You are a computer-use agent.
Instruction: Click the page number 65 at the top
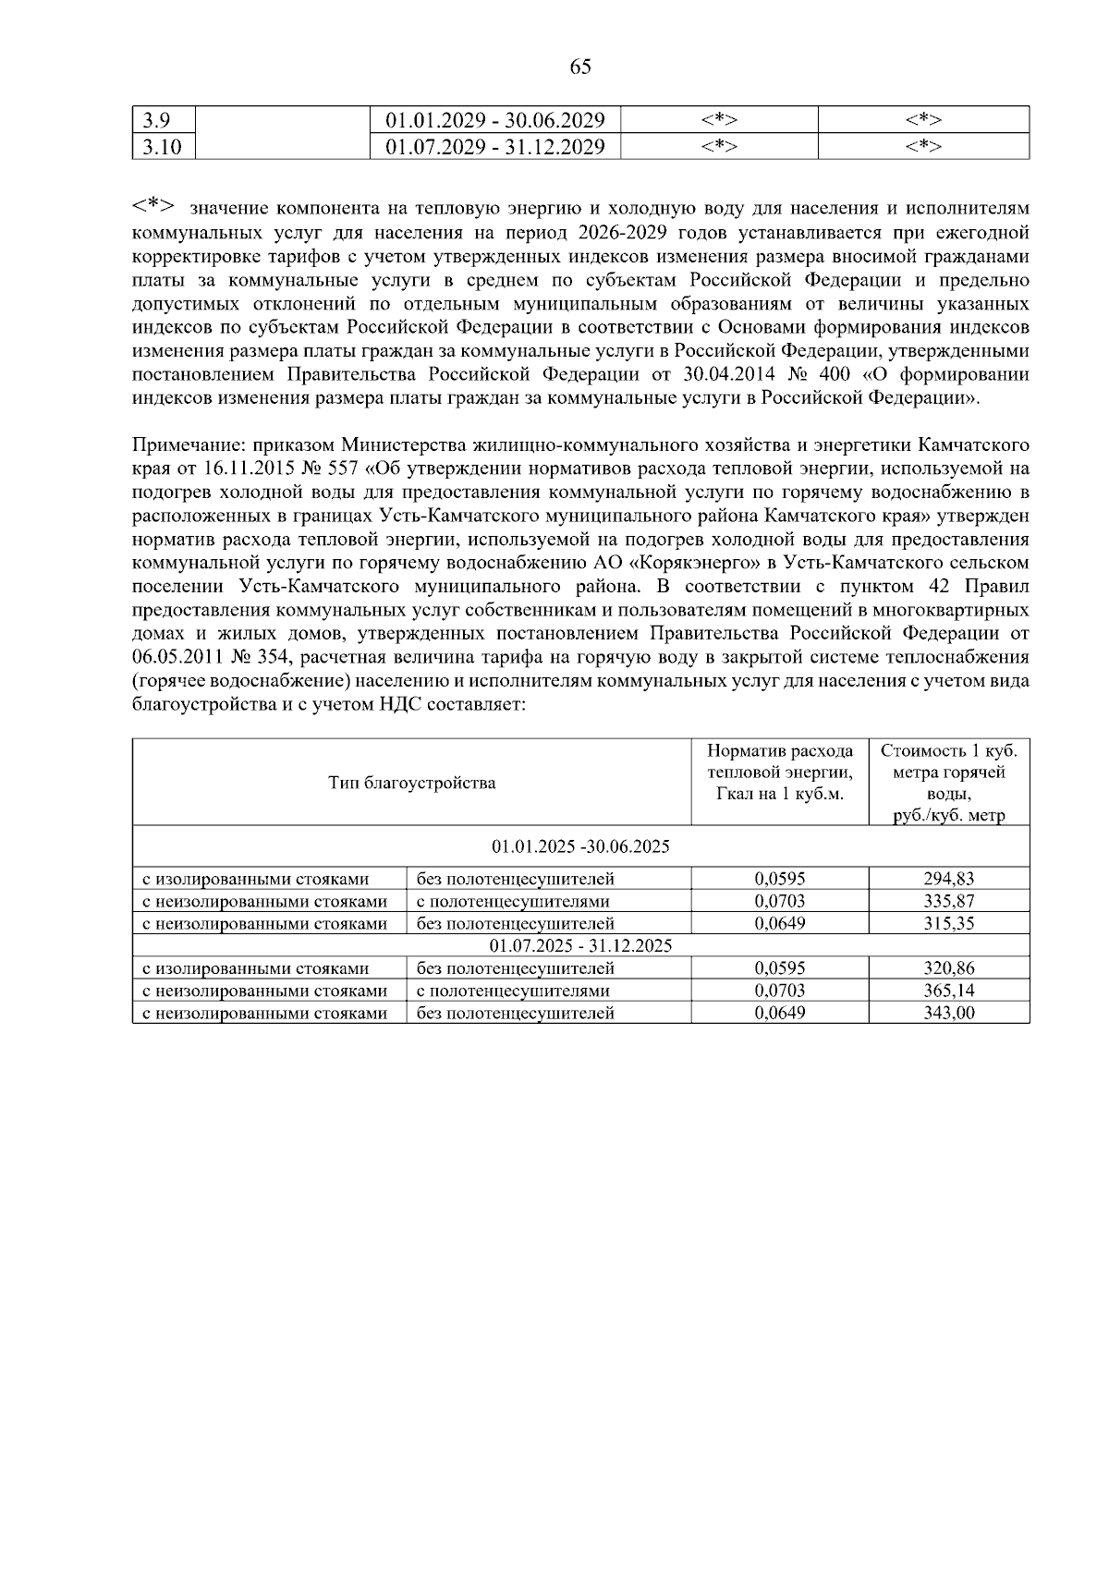580,67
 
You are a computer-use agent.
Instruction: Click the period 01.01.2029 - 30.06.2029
495,120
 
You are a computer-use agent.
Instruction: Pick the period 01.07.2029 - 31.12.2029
495,147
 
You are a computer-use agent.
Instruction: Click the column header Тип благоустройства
411,783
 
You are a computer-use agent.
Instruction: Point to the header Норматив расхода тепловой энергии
780,772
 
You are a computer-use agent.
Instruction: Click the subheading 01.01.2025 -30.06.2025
580,846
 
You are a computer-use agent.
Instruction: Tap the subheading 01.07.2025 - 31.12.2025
580,945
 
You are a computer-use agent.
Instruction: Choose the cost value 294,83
949,879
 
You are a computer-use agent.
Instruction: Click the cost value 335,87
949,901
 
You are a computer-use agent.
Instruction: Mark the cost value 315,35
949,923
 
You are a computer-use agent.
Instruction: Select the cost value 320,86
949,968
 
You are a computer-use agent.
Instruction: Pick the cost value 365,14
949,991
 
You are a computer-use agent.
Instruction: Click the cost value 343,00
949,1013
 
